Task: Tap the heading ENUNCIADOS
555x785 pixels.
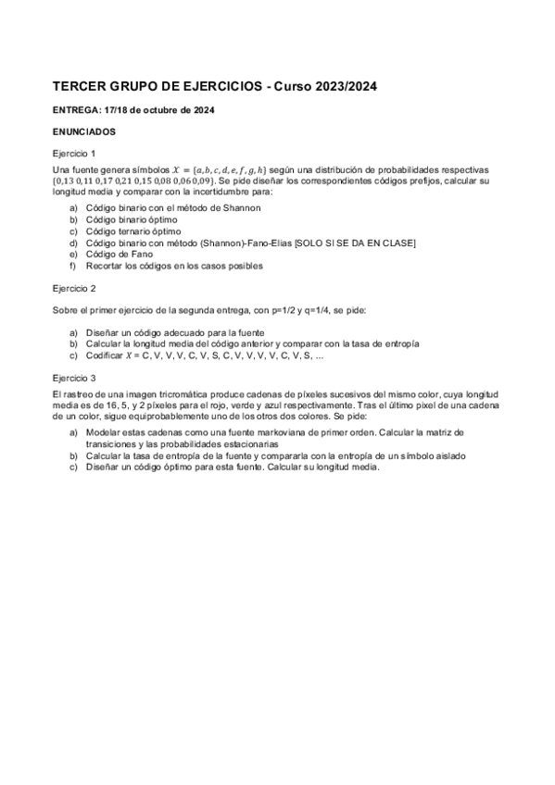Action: click(84, 131)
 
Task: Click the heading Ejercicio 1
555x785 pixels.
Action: click(74, 153)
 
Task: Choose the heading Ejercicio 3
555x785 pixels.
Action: click(74, 378)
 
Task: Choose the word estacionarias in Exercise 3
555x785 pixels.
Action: click(228, 444)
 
